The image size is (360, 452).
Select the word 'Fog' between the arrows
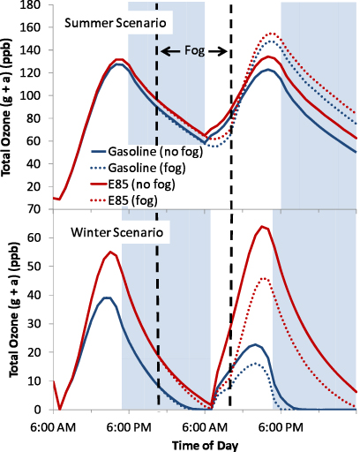click(192, 50)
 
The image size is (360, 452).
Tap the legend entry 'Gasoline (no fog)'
click(141, 153)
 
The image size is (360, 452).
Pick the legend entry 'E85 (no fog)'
click(129, 183)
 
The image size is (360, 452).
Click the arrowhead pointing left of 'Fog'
click(164, 51)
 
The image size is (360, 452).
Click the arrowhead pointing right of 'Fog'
click(222, 51)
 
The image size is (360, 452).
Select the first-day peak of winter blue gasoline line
click(107, 298)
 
